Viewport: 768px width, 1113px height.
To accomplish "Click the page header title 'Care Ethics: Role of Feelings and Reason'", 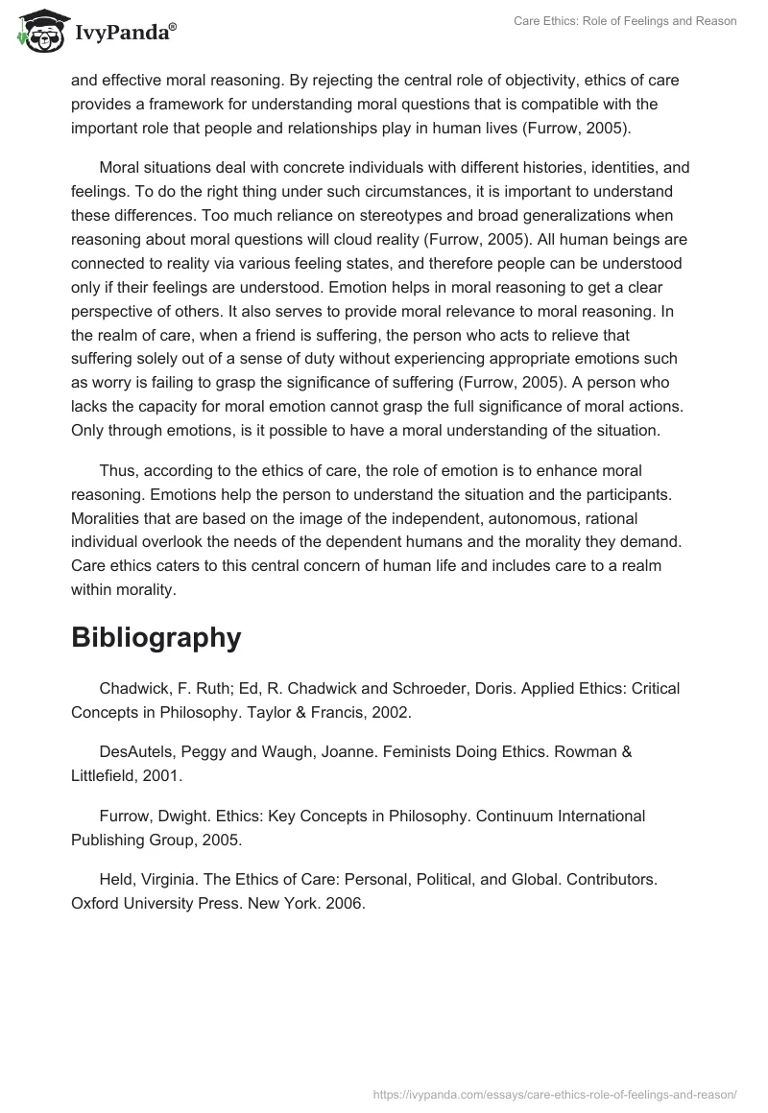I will (623, 21).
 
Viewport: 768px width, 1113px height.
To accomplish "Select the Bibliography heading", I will (156, 638).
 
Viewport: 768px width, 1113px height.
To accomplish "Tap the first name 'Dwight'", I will (187, 817).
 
